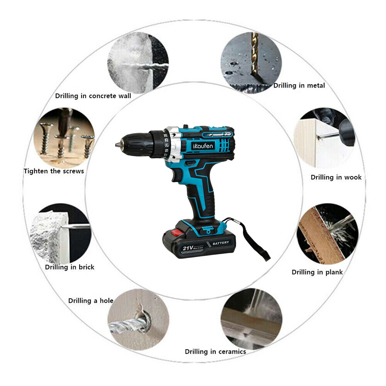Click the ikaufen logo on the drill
click(x=203, y=147)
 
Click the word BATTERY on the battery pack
click(x=220, y=243)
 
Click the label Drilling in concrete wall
click(x=93, y=96)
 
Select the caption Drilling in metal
click(x=299, y=85)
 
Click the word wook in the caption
click(x=353, y=177)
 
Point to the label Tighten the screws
click(x=54, y=171)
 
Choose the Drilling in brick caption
click(x=69, y=267)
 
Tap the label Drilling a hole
click(x=91, y=300)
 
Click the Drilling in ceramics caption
click(x=215, y=351)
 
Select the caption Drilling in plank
click(x=317, y=272)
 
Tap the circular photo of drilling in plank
click(x=327, y=234)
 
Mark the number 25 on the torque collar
click(x=166, y=135)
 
